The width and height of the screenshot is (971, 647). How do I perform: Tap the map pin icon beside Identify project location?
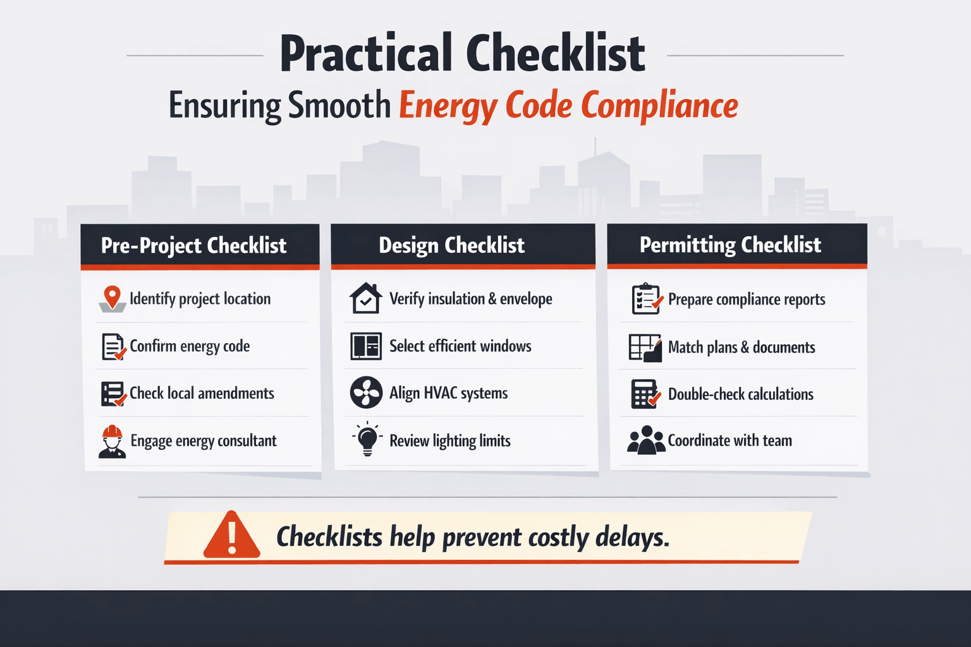pyautogui.click(x=113, y=298)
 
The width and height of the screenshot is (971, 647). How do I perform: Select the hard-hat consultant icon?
pyautogui.click(x=113, y=441)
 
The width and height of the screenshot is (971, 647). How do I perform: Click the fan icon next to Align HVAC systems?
pyautogui.click(x=366, y=392)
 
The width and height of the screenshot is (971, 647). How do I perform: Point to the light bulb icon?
pyautogui.click(x=367, y=439)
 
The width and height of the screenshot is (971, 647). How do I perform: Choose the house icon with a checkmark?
pyautogui.click(x=366, y=298)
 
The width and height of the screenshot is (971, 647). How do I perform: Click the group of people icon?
pyautogui.click(x=645, y=440)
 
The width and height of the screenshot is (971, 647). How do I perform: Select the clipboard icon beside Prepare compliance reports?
pyautogui.click(x=647, y=299)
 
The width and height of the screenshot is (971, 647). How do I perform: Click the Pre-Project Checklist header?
pyautogui.click(x=194, y=245)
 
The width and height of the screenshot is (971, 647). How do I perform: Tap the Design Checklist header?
pyautogui.click(x=451, y=245)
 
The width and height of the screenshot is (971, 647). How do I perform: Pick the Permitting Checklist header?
pyautogui.click(x=730, y=245)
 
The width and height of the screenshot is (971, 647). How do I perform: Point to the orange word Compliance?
pyautogui.click(x=659, y=105)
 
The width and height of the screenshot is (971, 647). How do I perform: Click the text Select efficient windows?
pyautogui.click(x=460, y=346)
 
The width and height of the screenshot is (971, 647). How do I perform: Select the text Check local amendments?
pyautogui.click(x=202, y=394)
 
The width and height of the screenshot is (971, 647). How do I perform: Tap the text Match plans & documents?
pyautogui.click(x=742, y=348)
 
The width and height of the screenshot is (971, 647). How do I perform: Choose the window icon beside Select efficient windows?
pyautogui.click(x=366, y=346)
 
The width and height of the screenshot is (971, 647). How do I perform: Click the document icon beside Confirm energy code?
pyautogui.click(x=113, y=347)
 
